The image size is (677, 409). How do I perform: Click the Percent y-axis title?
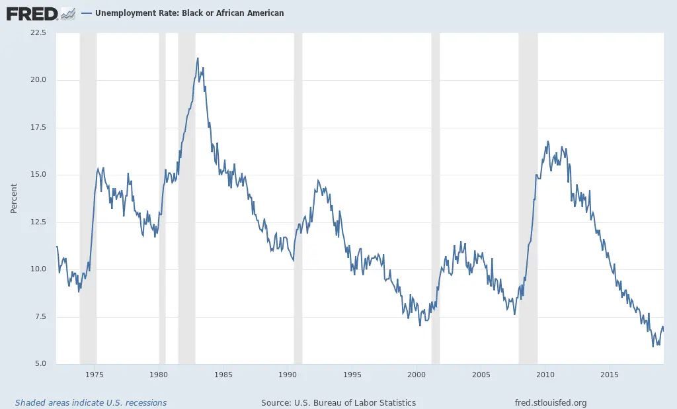(x=14, y=199)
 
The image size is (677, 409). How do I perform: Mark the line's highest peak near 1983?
(x=198, y=58)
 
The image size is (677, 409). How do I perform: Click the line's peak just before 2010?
(x=547, y=141)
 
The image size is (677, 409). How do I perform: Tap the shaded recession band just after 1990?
(x=298, y=199)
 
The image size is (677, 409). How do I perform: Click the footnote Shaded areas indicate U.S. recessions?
(x=91, y=402)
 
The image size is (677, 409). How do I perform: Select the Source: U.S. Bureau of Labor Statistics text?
(x=338, y=402)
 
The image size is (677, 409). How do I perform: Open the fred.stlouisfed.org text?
(x=550, y=402)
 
